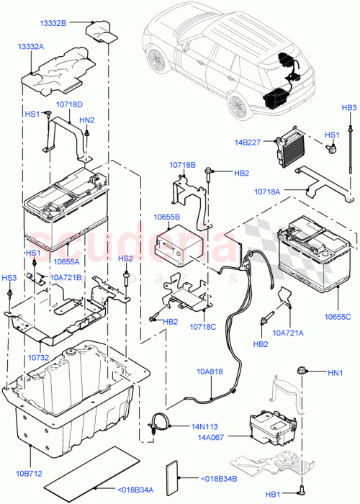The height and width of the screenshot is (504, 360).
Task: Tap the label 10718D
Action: pos(70,104)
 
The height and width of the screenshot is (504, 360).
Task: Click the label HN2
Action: pos(87,120)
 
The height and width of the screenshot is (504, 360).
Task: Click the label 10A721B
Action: pos(66,276)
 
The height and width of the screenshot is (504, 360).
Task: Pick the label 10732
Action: pos(38,357)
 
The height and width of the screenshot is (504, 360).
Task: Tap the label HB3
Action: pos(349,108)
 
